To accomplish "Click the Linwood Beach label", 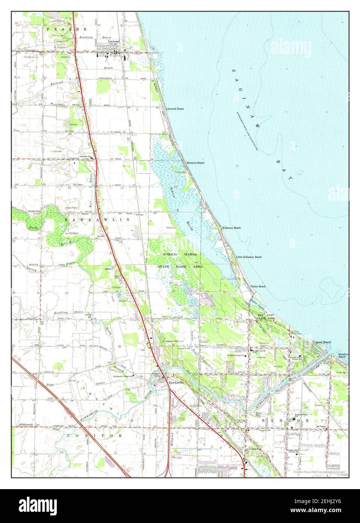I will [x=175, y=109].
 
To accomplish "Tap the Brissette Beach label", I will [x=195, y=163].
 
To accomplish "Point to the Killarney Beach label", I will [x=232, y=228].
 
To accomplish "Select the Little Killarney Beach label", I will [x=249, y=257].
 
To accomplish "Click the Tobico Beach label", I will [x=258, y=287].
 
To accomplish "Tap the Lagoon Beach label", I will [x=322, y=342].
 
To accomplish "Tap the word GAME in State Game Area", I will [x=181, y=266].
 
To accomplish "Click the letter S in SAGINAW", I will [x=234, y=71].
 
